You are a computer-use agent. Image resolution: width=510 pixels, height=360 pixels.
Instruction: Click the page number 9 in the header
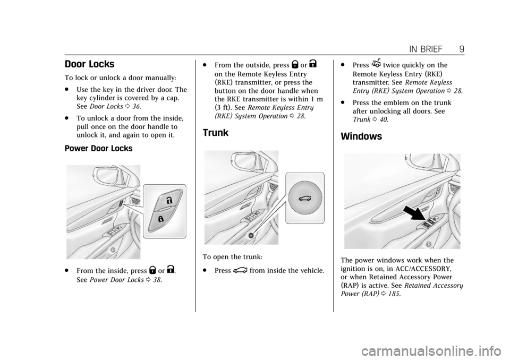462,49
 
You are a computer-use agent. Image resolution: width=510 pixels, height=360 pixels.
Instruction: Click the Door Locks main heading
89,64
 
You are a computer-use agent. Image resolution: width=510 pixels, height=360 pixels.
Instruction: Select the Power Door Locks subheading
99,148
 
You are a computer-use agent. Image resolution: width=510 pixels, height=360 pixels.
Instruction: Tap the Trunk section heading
215,133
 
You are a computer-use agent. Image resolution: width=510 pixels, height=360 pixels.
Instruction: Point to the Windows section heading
361,136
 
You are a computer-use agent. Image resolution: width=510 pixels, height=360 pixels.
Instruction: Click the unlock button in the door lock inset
168,199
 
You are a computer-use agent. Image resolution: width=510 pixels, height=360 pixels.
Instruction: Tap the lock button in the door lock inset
160,219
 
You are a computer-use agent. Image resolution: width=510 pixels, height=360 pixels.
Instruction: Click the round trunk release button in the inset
305,198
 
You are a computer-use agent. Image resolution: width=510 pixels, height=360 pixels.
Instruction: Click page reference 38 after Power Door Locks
157,280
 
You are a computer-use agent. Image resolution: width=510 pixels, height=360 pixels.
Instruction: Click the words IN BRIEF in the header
426,49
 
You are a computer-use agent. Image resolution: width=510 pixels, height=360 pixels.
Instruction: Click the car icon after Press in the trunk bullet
240,270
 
